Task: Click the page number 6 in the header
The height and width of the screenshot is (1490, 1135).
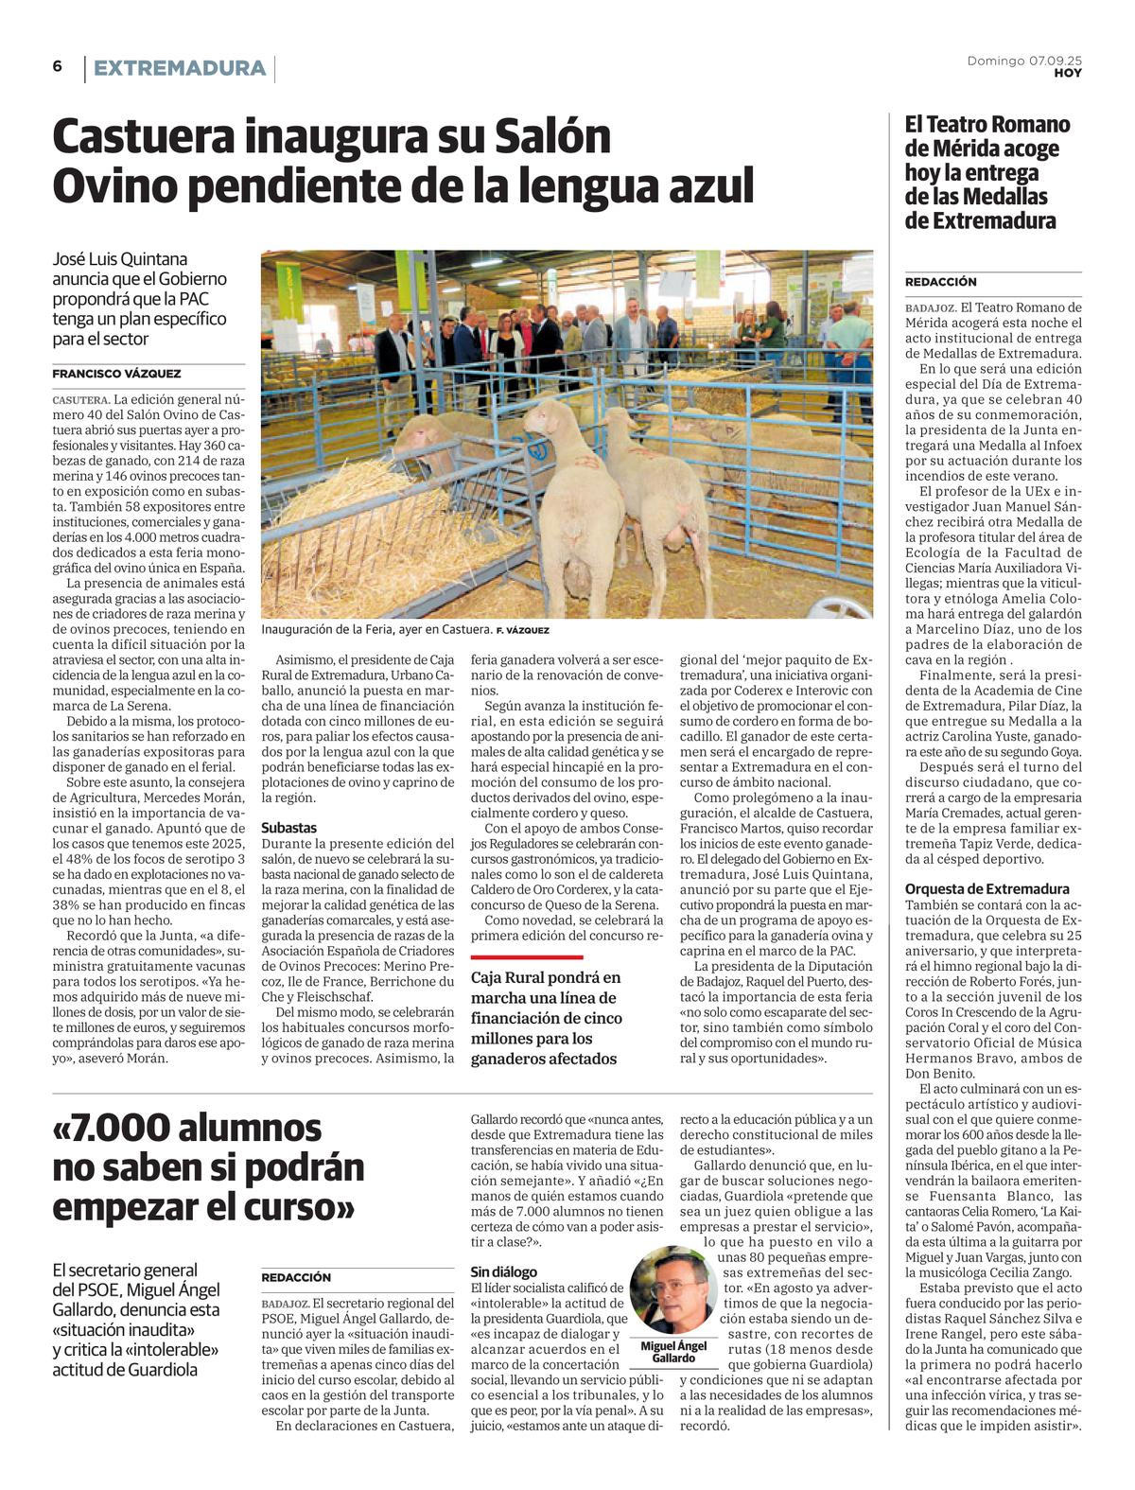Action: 58,66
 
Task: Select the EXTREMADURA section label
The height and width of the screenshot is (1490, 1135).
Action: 180,68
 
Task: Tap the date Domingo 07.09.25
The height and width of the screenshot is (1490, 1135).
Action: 1024,61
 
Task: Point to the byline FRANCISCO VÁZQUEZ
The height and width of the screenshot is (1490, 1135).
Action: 116,374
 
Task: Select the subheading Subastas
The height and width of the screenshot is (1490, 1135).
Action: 288,827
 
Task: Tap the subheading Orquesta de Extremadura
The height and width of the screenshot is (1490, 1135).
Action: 987,888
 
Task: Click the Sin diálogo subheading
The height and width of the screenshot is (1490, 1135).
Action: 503,1271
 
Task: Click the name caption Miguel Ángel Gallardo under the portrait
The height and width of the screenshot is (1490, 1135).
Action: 673,1351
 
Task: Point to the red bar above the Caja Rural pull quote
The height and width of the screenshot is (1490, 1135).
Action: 527,957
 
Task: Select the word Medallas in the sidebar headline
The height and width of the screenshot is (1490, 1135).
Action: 1004,197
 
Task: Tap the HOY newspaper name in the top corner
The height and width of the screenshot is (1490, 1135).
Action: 1068,73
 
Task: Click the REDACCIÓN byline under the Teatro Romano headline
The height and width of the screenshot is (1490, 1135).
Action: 940,282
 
